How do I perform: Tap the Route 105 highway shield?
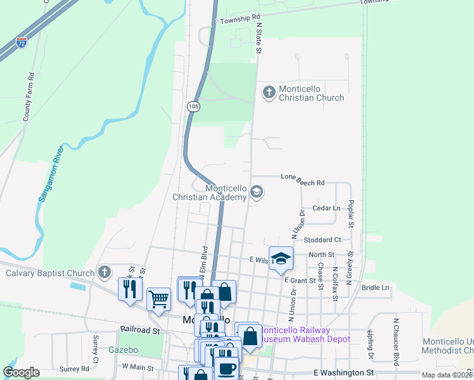[193, 107]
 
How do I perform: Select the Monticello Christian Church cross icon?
[269, 92]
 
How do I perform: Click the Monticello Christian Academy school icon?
[257, 191]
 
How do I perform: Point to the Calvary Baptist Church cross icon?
[105, 273]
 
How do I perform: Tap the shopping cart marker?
[158, 298]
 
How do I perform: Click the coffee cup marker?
[226, 368]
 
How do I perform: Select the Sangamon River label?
[50, 174]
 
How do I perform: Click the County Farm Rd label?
[28, 97]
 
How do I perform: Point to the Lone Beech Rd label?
[302, 182]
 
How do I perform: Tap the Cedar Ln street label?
[326, 208]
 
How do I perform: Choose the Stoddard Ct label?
[323, 240]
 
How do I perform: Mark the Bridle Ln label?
[376, 288]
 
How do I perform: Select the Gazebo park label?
[123, 350]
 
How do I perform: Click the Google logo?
[21, 372]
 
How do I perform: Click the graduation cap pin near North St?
[281, 258]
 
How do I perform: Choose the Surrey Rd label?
[74, 369]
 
